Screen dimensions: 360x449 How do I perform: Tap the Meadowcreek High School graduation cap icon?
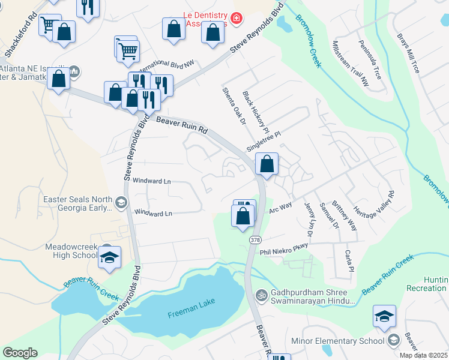click(x=109, y=258)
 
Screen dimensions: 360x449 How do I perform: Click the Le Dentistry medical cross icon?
click(x=237, y=19)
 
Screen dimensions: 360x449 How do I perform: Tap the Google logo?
click(x=20, y=353)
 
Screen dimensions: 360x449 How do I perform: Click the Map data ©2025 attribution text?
click(x=423, y=355)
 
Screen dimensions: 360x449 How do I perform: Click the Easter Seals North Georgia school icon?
click(x=121, y=203)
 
